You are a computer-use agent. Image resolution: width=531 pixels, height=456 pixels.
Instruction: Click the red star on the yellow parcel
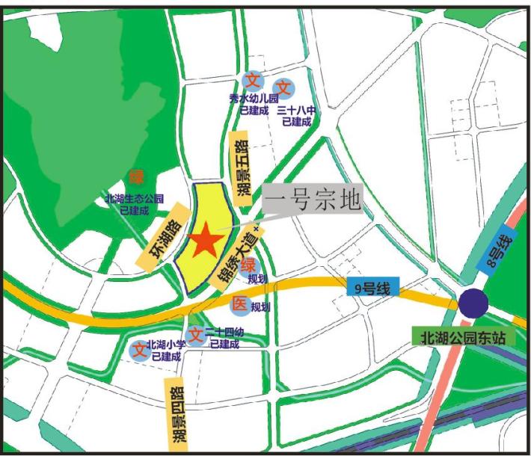(x=206, y=241)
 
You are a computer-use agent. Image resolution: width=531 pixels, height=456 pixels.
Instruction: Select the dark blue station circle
(x=473, y=303)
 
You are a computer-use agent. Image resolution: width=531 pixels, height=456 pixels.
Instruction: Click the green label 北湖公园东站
(x=463, y=336)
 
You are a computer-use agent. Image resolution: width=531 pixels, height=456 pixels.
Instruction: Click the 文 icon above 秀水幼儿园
(x=253, y=80)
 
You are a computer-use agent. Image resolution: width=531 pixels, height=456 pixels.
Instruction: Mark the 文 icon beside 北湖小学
(x=139, y=349)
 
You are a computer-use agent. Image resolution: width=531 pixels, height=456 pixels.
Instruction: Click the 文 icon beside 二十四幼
(x=195, y=335)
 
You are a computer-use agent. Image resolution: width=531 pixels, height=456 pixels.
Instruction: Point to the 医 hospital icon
(x=239, y=304)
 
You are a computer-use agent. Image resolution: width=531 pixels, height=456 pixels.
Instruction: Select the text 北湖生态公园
(x=134, y=200)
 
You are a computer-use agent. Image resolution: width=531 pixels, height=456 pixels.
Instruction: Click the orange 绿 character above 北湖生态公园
(x=136, y=177)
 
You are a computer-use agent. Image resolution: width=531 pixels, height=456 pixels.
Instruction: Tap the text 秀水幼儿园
(x=254, y=99)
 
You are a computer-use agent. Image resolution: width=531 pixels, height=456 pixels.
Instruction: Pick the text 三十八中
(x=296, y=110)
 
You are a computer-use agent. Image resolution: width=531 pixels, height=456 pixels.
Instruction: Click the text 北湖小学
(x=165, y=345)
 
